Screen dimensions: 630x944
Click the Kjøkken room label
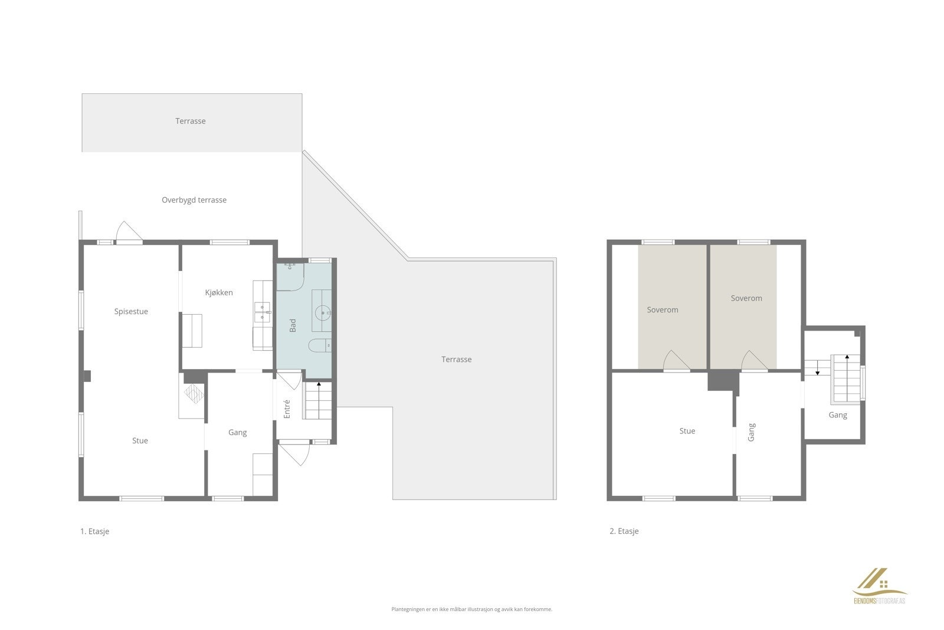[219, 292]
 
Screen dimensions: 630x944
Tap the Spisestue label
[131, 311]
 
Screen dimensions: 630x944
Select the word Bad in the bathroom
[293, 325]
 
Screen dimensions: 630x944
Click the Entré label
[287, 409]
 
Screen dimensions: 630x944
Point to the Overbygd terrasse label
[194, 200]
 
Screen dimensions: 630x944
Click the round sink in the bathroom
[322, 312]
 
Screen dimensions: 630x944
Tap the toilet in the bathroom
[319, 346]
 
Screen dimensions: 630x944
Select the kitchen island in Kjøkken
[192, 331]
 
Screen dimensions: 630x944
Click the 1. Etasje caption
[94, 531]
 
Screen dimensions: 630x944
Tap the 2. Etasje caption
[624, 531]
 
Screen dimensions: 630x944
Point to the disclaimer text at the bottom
[471, 609]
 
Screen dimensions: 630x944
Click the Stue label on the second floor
[687, 431]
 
